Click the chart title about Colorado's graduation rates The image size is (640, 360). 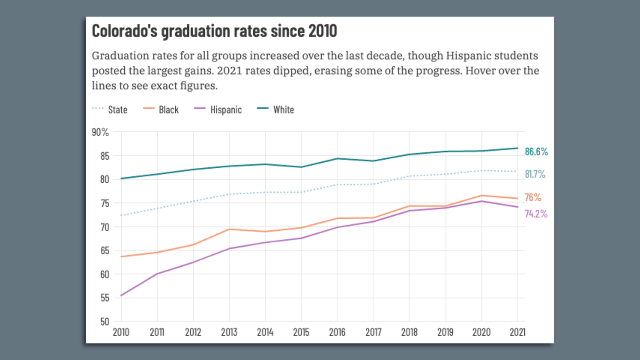pyautogui.click(x=214, y=31)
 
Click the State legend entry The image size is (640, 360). pyautogui.click(x=117, y=110)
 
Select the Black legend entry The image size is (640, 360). pyautogui.click(x=168, y=110)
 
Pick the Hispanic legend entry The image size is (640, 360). pyautogui.click(x=225, y=110)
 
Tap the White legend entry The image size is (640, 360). pyautogui.click(x=283, y=110)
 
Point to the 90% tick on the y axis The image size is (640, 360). pyautogui.click(x=100, y=132)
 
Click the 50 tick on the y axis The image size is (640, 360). pyautogui.click(x=104, y=322)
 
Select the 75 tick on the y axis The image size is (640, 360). pyautogui.click(x=104, y=203)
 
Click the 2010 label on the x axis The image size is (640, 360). pyautogui.click(x=121, y=332)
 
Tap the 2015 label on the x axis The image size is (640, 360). pyautogui.click(x=301, y=332)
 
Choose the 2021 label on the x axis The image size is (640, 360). pyautogui.click(x=517, y=332)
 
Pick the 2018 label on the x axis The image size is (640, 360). pyautogui.click(x=409, y=332)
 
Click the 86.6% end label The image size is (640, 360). pyautogui.click(x=536, y=152)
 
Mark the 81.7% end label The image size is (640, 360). pyautogui.click(x=535, y=174)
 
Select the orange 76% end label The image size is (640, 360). pyautogui.click(x=533, y=197)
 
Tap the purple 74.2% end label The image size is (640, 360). pyautogui.click(x=536, y=214)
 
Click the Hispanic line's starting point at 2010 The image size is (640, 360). pyautogui.click(x=121, y=295)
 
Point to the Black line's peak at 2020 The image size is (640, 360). pyautogui.click(x=482, y=195)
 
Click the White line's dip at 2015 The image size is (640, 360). pyautogui.click(x=301, y=167)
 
